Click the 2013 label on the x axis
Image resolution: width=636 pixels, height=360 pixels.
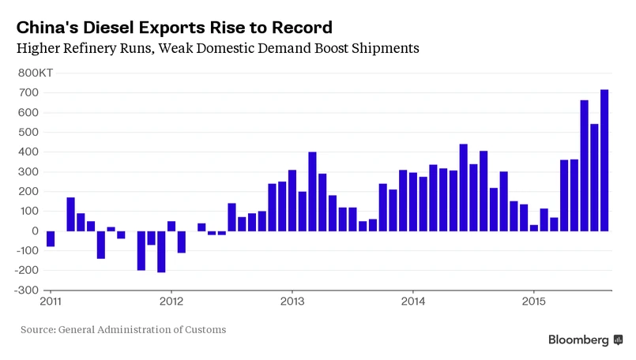[292, 301]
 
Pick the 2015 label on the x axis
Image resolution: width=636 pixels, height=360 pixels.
[534, 301]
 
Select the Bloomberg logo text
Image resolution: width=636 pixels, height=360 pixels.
[579, 339]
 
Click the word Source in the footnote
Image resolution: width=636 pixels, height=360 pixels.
[38, 329]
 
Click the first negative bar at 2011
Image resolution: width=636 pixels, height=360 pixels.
[51, 238]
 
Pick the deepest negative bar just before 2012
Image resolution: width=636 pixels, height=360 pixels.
[161, 251]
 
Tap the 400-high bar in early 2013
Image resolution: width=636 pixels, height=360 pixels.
[312, 191]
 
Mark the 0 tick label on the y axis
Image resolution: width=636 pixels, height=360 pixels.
[35, 231]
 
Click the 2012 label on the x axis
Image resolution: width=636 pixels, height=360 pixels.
[171, 301]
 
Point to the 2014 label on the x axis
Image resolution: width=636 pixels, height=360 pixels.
[413, 301]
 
